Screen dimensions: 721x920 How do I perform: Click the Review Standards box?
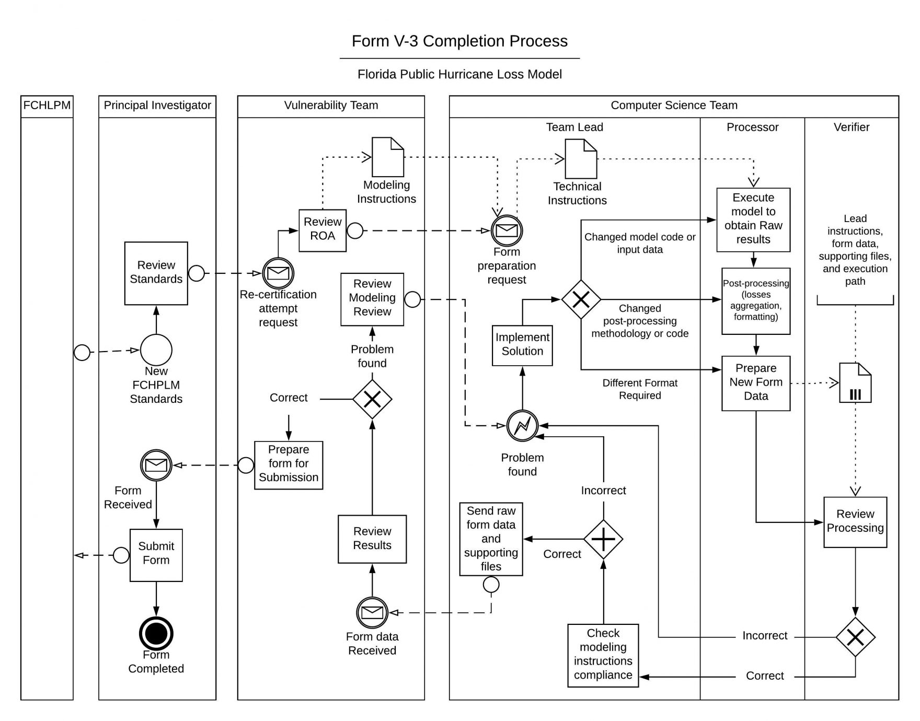click(156, 273)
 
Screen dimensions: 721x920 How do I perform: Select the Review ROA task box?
click(322, 230)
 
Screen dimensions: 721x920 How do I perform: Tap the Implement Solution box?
click(522, 345)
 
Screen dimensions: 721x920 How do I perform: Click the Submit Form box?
click(156, 554)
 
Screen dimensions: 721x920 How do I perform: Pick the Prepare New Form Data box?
click(755, 382)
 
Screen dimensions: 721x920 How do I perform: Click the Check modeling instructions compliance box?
click(603, 655)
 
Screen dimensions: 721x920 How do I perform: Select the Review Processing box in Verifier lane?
click(855, 521)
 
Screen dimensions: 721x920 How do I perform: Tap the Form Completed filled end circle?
click(156, 633)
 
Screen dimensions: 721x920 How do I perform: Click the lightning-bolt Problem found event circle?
click(522, 426)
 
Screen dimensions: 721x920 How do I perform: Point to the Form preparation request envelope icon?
click(507, 230)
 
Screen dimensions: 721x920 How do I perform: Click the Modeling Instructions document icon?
click(387, 157)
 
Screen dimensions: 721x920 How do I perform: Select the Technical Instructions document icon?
click(581, 158)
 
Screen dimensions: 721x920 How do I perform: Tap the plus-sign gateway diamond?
click(603, 539)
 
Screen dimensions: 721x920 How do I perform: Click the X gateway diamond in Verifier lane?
click(855, 637)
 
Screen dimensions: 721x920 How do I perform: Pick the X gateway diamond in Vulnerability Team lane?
click(372, 399)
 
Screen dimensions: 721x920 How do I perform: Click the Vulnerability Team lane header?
click(331, 106)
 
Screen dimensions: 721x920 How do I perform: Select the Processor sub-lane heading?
click(752, 127)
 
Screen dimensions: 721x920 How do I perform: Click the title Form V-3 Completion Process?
click(459, 41)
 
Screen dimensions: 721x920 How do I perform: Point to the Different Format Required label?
click(639, 389)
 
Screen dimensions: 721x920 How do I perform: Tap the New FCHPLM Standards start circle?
click(156, 350)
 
